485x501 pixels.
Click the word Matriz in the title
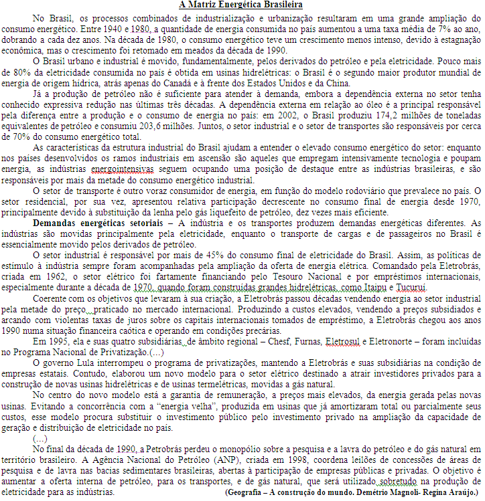(207, 5)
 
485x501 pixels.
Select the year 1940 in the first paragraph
(107, 30)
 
